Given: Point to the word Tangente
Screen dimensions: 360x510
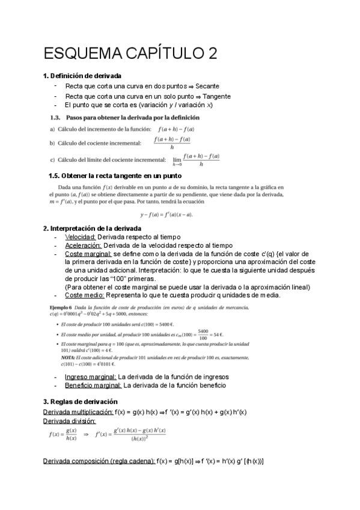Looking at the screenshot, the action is (x=216, y=96).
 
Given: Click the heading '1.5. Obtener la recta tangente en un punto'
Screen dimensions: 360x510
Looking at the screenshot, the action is (x=115, y=176).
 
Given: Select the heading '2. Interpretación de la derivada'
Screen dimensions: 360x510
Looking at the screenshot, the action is (x=93, y=229).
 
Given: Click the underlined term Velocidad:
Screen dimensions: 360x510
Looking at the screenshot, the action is (x=81, y=237).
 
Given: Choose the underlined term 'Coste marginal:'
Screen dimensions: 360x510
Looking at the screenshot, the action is (x=88, y=254).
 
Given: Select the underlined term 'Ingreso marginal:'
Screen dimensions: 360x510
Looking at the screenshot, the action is (x=90, y=377).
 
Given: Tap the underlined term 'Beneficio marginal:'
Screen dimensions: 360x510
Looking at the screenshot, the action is (x=93, y=386).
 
